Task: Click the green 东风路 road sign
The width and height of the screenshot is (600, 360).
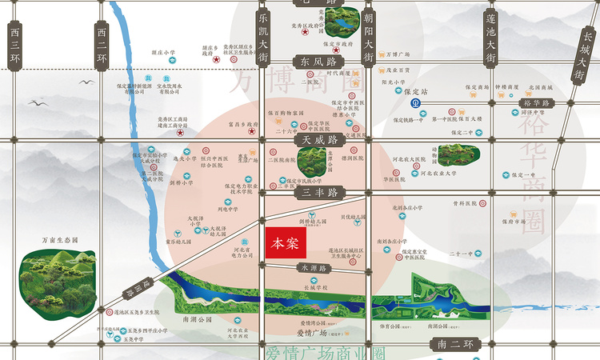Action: [318, 61]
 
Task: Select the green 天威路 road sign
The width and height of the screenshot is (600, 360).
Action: [318, 139]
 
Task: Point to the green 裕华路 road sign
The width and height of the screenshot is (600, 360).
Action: [535, 104]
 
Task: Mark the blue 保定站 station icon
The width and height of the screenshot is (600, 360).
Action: [415, 103]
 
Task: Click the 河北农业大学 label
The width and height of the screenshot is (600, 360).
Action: [436, 172]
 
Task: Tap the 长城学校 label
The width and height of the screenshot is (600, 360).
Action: [315, 286]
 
